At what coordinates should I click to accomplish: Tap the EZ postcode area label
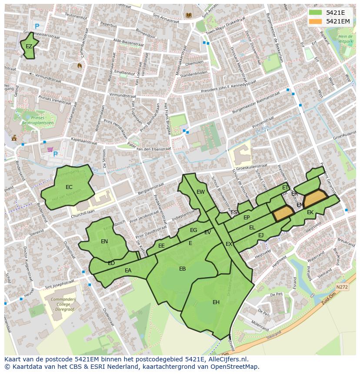pos(29,46)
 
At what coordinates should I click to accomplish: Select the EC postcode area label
pos(69,187)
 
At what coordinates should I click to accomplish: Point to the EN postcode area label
pos(104,242)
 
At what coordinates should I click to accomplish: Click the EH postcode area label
pos(216,302)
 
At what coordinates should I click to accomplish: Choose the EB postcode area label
pos(183,269)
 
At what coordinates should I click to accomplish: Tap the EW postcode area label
pos(200,192)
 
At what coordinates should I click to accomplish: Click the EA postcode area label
pos(128,271)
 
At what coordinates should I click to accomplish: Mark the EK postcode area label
pos(310,212)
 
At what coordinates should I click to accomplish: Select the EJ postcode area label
pos(261,235)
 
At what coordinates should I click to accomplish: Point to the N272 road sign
pos(342,287)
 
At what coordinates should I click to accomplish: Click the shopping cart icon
pos(50,150)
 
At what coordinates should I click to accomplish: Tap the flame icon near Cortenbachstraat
pos(79,66)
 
